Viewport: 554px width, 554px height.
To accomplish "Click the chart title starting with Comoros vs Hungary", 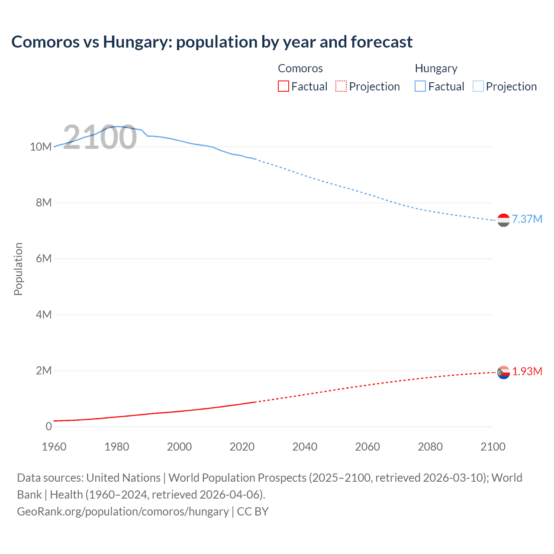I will pyautogui.click(x=212, y=42).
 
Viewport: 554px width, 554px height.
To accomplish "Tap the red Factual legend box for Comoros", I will pyautogui.click(x=283, y=86).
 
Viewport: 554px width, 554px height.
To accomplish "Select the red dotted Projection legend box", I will pyautogui.click(x=341, y=86).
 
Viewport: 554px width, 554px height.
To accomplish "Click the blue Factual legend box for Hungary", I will pyautogui.click(x=420, y=86).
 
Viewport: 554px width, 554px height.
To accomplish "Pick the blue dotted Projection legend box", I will pyautogui.click(x=478, y=86).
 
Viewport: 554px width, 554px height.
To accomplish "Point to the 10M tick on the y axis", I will pyautogui.click(x=41, y=147).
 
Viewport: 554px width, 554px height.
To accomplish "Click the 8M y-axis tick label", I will pyautogui.click(x=44, y=203).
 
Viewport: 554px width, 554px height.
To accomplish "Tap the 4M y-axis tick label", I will pyautogui.click(x=44, y=315).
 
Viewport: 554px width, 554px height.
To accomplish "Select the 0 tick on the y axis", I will pyautogui.click(x=48, y=426).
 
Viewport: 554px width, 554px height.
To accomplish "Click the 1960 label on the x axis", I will pyautogui.click(x=54, y=447).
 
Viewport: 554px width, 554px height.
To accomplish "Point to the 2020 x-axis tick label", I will pyautogui.click(x=242, y=447).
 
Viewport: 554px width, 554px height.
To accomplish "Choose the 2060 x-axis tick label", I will pyautogui.click(x=367, y=447).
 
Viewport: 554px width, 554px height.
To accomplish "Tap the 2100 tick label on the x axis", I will pyautogui.click(x=493, y=447).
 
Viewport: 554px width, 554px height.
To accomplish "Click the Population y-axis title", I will pyautogui.click(x=18, y=269).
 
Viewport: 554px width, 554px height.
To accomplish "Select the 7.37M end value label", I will pyautogui.click(x=527, y=219).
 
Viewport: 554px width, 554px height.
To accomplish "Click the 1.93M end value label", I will pyautogui.click(x=527, y=371).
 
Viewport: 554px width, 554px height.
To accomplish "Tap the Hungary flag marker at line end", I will pyautogui.click(x=503, y=220).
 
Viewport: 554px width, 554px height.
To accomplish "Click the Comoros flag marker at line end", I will pyautogui.click(x=503, y=372).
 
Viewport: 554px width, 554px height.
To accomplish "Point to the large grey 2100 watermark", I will pyautogui.click(x=100, y=137).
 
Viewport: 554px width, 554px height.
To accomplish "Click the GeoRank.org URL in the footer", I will pyautogui.click(x=123, y=511).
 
